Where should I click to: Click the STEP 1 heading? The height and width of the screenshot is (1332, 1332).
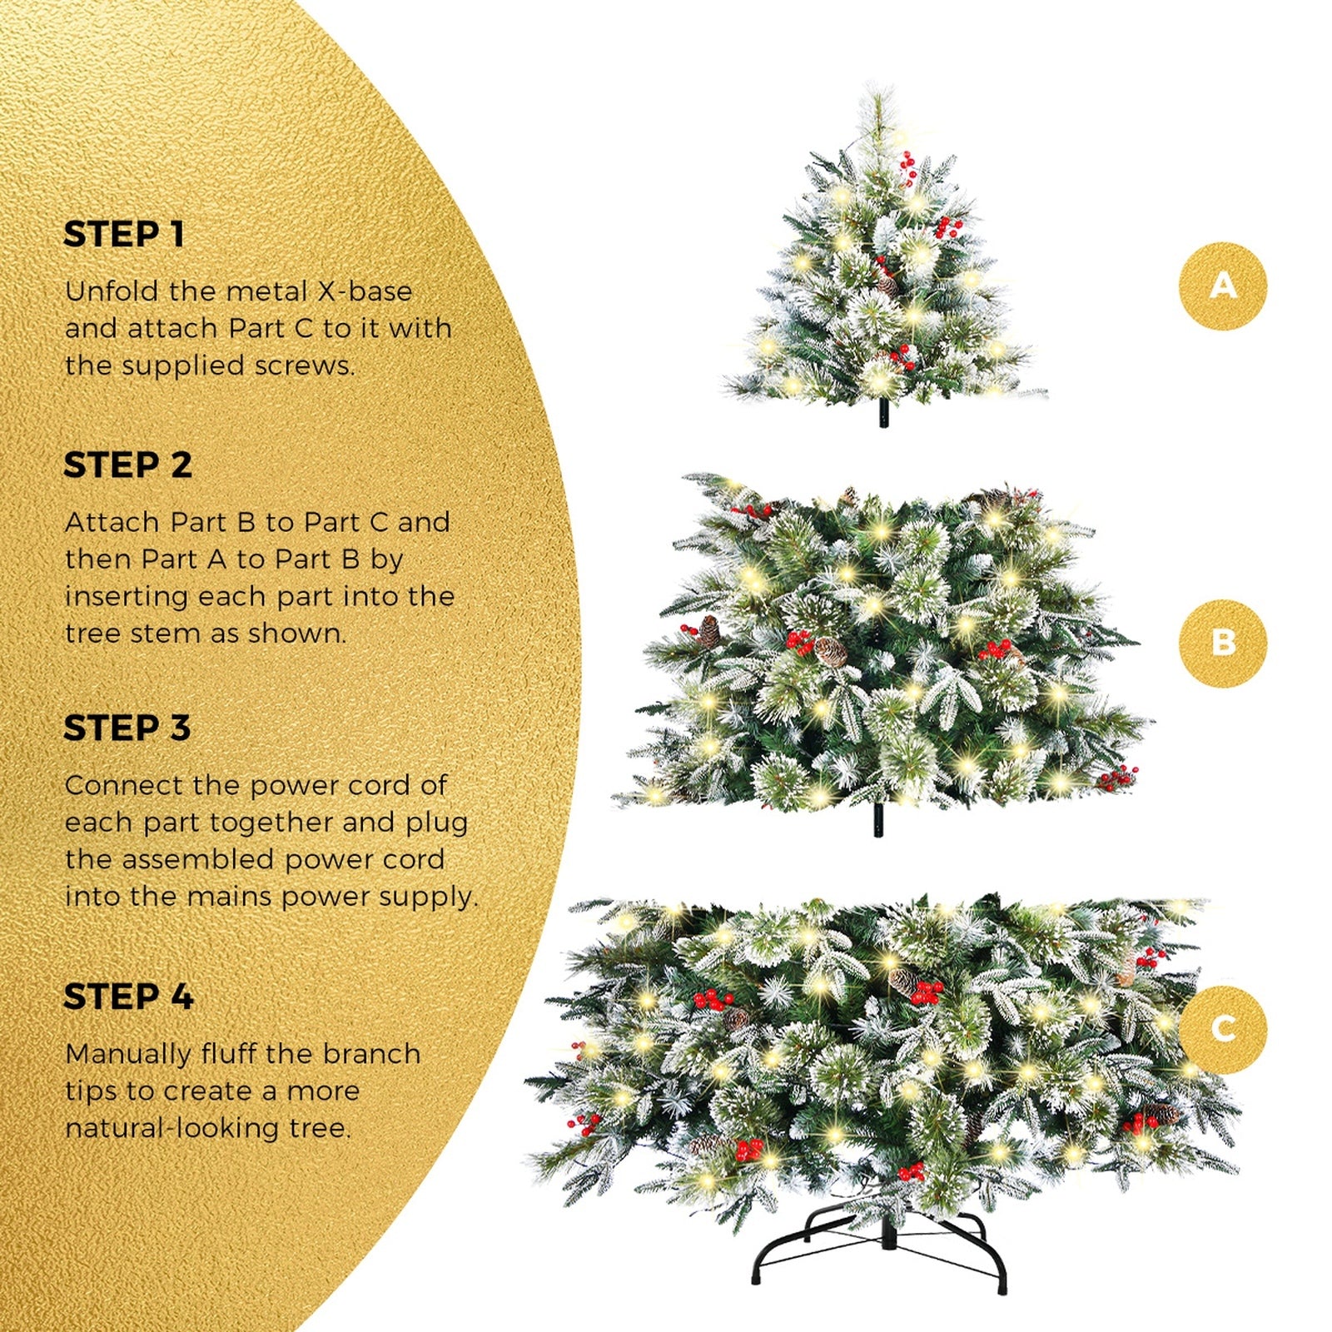pos(124,235)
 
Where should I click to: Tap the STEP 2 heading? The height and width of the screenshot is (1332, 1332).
pos(127,465)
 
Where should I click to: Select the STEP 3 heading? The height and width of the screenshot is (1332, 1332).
pos(127,728)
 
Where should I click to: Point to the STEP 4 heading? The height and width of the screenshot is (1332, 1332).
pos(128,997)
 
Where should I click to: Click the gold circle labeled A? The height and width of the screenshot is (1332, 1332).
pos(1222,286)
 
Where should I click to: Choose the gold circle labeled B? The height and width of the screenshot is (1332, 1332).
pos(1222,643)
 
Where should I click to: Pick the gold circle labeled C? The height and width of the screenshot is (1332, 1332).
pos(1222,1029)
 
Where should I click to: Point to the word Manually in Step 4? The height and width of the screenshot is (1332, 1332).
pos(128,1054)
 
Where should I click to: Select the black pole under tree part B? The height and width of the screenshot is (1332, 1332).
pos(878,820)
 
